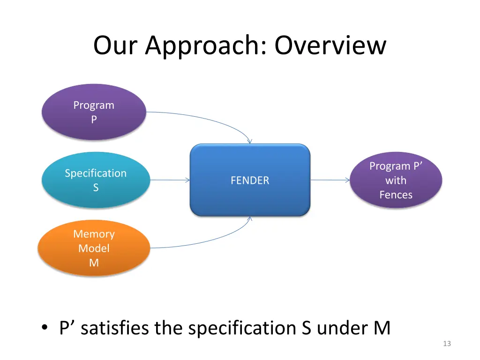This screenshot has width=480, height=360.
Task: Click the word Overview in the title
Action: (x=330, y=46)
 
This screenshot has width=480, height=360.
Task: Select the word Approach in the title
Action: (x=204, y=46)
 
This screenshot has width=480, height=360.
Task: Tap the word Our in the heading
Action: (x=117, y=46)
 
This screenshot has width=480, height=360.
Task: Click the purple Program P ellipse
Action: (x=94, y=112)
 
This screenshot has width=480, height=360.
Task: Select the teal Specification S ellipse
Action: (x=96, y=180)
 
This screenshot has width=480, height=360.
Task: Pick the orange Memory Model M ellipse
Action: (x=94, y=248)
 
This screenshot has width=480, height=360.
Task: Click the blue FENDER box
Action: (x=250, y=180)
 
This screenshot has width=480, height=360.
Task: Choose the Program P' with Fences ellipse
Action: (x=396, y=180)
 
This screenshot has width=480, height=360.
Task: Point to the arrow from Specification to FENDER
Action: (x=169, y=180)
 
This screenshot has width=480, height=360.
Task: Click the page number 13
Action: (x=446, y=344)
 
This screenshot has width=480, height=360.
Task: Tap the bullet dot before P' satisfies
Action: (x=44, y=329)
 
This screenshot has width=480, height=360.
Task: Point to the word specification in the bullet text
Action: (x=240, y=328)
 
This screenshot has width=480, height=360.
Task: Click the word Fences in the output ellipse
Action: (x=396, y=195)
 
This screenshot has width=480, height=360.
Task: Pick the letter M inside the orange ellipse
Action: (x=94, y=262)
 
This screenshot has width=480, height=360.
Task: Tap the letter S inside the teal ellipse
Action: (x=96, y=187)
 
